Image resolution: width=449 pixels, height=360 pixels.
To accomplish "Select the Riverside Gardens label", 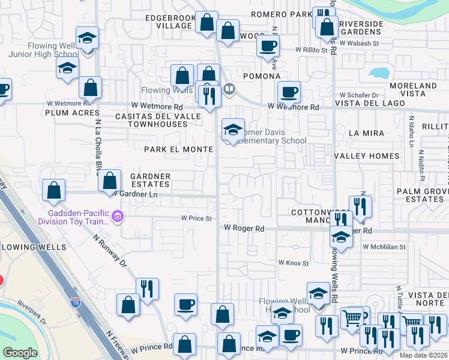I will pyautogui.click(x=361, y=28).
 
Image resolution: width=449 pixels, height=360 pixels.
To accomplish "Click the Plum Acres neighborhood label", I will pyautogui.click(x=72, y=113).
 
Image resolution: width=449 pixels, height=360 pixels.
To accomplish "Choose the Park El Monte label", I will pyautogui.click(x=178, y=149).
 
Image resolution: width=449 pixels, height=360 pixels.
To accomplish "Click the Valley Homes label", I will pyautogui.click(x=366, y=156).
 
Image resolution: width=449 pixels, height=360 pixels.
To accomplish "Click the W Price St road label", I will pyautogui.click(x=197, y=218).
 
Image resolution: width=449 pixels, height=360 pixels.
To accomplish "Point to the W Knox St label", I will pyautogui.click(x=293, y=263).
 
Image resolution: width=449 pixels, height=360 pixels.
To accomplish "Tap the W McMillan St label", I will pyautogui.click(x=384, y=247).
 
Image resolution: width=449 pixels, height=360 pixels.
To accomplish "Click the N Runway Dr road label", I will pyautogui.click(x=111, y=253).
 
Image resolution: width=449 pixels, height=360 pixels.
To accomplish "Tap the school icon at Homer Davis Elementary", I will pyautogui.click(x=233, y=129).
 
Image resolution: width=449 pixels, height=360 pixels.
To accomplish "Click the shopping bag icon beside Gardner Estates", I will pyautogui.click(x=109, y=179).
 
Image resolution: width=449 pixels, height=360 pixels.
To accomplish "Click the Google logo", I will pyautogui.click(x=20, y=353).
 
